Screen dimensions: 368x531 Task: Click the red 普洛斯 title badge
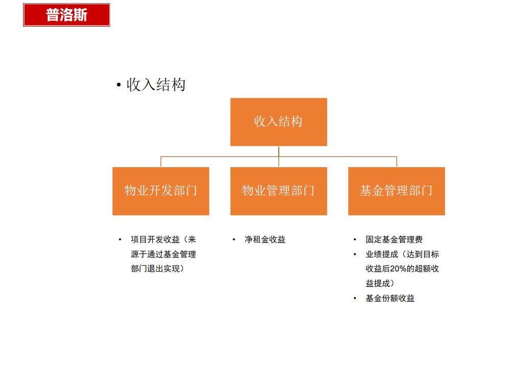[66, 15]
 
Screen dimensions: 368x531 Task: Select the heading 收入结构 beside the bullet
[156, 85]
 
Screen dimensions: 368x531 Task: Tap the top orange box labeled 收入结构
[278, 122]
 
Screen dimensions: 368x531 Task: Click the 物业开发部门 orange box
[161, 191]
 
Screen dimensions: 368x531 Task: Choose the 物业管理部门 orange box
[278, 191]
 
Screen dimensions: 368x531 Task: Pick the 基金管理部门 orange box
[396, 191]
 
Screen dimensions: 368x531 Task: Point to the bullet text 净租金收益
[265, 239]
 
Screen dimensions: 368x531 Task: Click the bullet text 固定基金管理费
[394, 239]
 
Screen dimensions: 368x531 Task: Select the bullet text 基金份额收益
[390, 298]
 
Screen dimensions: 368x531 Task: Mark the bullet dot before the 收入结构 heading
[119, 85]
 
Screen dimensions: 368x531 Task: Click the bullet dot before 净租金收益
[234, 239]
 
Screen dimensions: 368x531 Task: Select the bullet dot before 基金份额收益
[355, 298]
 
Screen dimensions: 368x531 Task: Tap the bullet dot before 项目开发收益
[120, 239]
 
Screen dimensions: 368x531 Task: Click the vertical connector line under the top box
[279, 151]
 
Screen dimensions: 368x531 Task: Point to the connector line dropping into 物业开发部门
[161, 162]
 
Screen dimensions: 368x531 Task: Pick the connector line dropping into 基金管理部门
[397, 162]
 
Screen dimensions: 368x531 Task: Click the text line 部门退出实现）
[157, 269]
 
